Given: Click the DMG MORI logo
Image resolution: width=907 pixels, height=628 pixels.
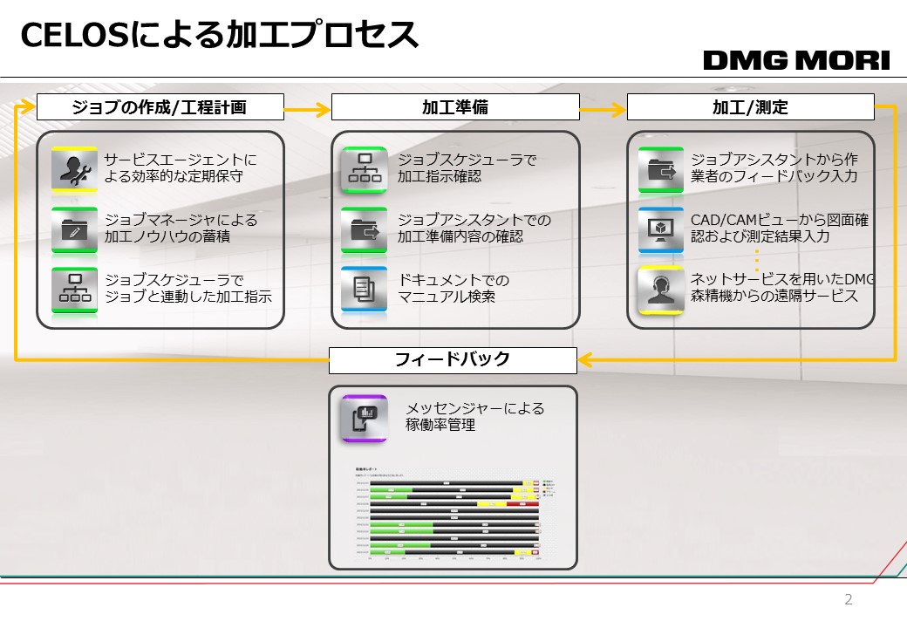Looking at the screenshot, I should click(796, 60).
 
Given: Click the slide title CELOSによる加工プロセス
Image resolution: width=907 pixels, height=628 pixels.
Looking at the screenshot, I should click(219, 36).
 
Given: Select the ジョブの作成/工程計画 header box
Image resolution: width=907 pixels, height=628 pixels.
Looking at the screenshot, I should click(160, 107).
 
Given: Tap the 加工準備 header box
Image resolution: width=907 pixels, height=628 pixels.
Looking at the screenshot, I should click(455, 107).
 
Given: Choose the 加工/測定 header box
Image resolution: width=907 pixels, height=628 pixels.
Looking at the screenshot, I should click(750, 107).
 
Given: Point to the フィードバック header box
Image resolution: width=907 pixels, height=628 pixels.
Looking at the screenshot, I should click(453, 359).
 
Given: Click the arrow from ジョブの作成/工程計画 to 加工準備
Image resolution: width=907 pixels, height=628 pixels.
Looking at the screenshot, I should click(307, 109).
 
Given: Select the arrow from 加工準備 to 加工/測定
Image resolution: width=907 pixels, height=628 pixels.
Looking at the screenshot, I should click(603, 109).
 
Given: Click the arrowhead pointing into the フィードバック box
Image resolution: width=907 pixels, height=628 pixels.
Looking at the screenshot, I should click(586, 359).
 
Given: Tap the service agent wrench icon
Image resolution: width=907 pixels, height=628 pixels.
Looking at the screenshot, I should click(73, 169).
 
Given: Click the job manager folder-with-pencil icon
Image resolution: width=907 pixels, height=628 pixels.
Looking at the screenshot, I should click(73, 229).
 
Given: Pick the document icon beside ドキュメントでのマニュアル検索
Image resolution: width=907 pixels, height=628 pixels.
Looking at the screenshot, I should click(364, 290).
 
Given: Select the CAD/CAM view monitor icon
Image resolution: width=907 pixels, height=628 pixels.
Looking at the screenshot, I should click(660, 229).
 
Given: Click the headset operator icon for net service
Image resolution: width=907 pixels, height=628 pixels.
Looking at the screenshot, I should click(660, 290).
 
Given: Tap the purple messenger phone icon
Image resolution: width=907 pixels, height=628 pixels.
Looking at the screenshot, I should click(364, 418).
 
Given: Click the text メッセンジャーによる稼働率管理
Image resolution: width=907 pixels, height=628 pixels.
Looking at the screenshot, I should click(475, 417).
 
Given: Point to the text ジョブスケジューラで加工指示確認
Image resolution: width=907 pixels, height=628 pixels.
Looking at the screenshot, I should click(467, 168).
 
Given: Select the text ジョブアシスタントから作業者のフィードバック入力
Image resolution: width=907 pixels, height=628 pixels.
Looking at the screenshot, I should click(774, 168).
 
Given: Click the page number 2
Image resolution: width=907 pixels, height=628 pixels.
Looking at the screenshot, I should click(849, 599).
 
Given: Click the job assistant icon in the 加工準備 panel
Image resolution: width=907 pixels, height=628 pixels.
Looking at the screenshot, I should click(364, 229).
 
